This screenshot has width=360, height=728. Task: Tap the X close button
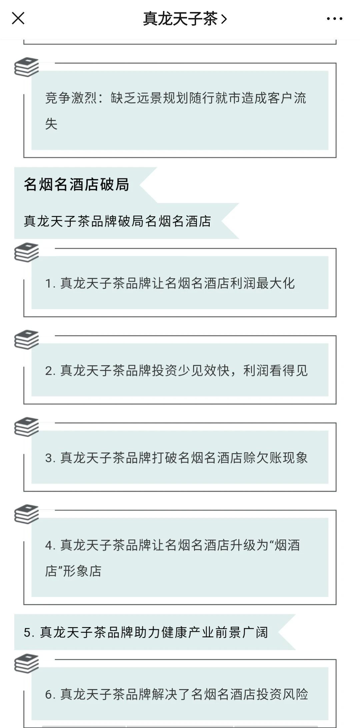point(18,18)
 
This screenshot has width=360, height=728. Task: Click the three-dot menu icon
point(334,19)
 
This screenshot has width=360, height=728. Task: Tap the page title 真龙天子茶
point(180,19)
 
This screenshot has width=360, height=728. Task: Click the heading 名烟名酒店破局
point(76,185)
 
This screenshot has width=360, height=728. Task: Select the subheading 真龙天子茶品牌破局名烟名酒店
point(117,221)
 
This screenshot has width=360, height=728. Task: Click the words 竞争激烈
point(71,98)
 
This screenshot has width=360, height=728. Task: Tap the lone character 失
point(51,124)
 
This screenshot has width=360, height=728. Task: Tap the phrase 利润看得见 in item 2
point(275,370)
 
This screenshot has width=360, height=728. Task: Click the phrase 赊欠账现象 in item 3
point(275,458)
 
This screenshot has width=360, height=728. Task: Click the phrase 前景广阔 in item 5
point(241,632)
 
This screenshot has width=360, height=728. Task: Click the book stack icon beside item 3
point(27,427)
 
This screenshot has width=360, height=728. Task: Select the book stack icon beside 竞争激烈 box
point(27,67)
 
